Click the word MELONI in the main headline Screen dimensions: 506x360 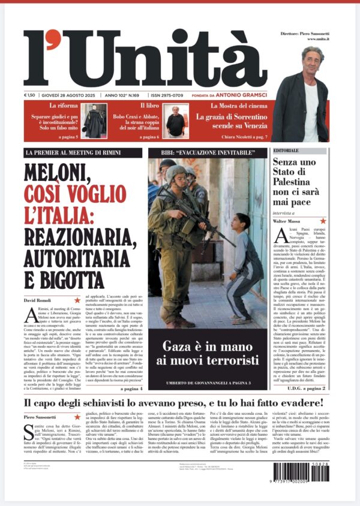click(58, 173)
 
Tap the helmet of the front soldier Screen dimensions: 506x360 click(176, 173)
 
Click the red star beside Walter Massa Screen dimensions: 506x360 click(323, 221)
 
